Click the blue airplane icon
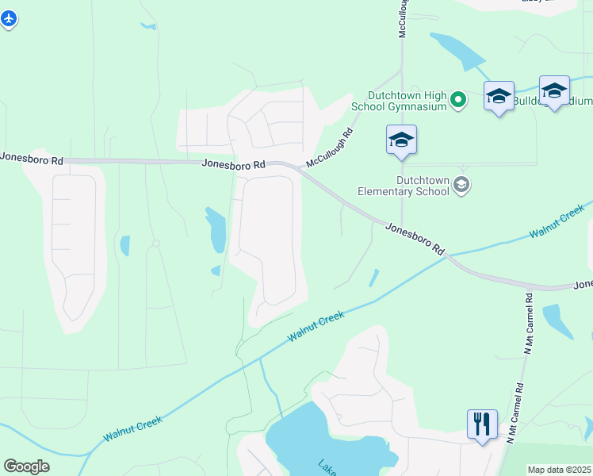tap(9, 18)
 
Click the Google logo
tap(26, 466)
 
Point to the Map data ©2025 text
tap(559, 470)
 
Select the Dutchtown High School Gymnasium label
tap(405, 100)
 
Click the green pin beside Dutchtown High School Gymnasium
tap(457, 100)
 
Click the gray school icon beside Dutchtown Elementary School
tap(461, 186)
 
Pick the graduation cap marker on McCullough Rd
tap(401, 140)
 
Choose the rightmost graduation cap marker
tap(554, 90)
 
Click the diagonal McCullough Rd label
tap(329, 148)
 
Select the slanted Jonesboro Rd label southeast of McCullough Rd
tap(415, 238)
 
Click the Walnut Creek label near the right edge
tap(557, 221)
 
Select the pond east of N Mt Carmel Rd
tap(558, 321)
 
